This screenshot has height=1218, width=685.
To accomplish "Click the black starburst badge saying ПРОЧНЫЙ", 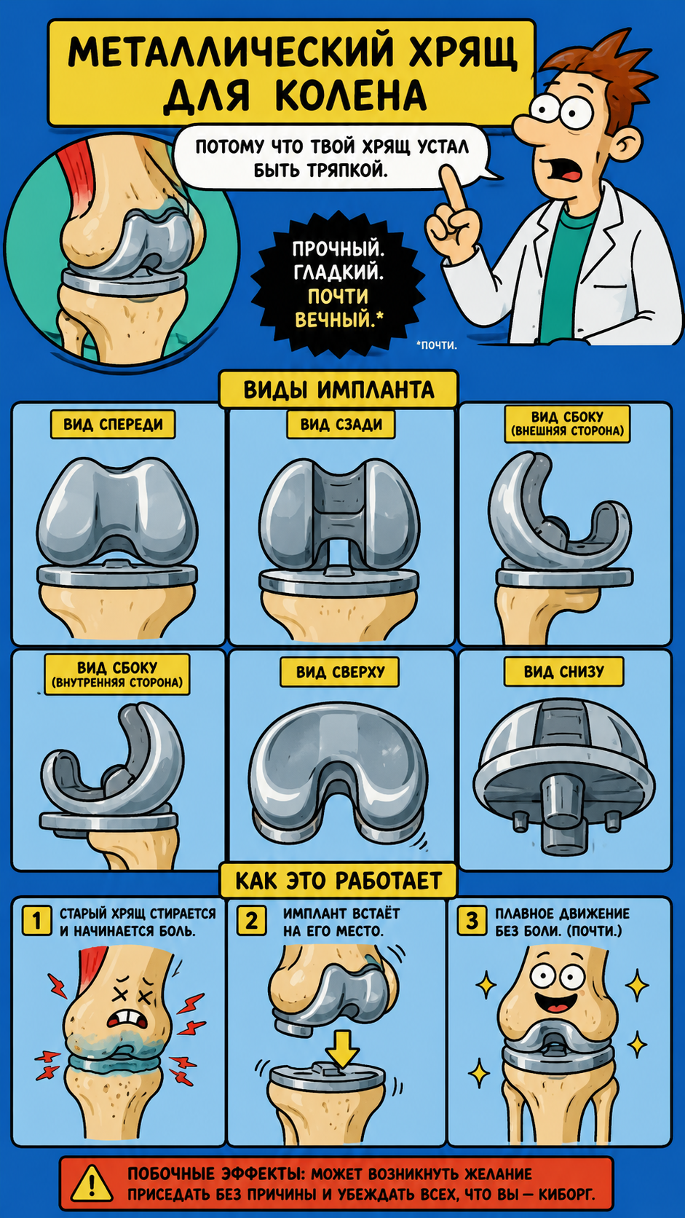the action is pos(338,284).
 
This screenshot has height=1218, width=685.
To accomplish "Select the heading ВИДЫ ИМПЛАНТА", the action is pos(338,389).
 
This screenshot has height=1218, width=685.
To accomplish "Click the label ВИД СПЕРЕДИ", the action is pos(113,424).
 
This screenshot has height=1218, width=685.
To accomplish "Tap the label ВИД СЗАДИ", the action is pos(341,424).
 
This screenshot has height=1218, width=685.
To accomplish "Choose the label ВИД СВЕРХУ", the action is pos(340,672).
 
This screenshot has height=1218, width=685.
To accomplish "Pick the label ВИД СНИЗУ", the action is pos(564,672).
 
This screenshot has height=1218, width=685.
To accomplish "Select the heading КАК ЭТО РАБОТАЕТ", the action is pos(338,880).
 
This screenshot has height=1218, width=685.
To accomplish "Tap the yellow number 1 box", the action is pos(36,921).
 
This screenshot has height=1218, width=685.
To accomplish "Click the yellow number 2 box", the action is pos(252,921).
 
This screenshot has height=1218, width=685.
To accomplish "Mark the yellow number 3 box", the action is pos(472,921).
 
